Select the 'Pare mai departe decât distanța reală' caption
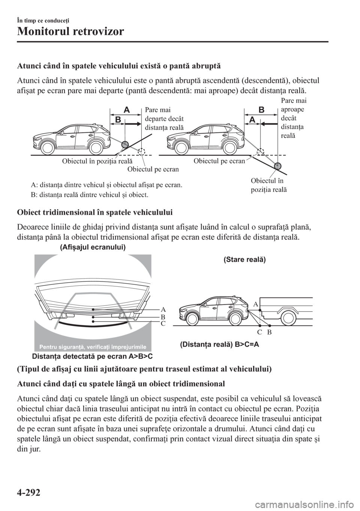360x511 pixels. (163, 119)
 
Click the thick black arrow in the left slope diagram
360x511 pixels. (133, 122)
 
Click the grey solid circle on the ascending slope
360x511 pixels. (124, 144)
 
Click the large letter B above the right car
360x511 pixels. (261, 110)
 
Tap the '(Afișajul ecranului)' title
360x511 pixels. (92, 247)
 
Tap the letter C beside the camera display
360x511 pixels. (163, 323)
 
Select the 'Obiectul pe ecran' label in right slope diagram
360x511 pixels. (219, 161)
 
